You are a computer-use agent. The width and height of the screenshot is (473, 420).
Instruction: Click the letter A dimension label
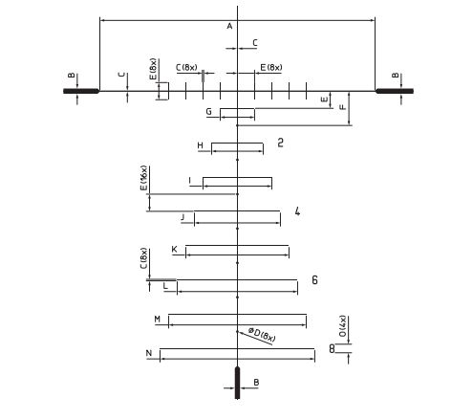[229, 26]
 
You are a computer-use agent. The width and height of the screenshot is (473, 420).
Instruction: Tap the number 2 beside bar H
[280, 143]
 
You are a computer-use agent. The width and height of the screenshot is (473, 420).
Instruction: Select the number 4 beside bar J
[297, 211]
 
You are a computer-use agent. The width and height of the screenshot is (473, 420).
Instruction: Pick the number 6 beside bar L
[314, 279]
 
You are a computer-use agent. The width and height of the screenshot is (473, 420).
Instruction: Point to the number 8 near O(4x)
[332, 348]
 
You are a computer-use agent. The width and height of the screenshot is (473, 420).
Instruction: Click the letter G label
[209, 112]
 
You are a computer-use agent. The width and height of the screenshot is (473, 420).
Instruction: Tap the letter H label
[200, 145]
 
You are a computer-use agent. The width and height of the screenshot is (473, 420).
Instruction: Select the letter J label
[183, 217]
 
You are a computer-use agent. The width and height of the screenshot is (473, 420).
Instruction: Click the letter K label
[174, 249]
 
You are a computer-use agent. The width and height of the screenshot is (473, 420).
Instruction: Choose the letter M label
[158, 319]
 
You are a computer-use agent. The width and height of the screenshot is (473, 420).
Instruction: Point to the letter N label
[149, 353]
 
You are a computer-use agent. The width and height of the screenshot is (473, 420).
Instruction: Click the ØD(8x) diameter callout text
[262, 335]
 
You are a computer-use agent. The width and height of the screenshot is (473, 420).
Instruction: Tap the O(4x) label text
[343, 326]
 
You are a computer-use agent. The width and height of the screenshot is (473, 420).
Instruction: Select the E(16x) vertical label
[144, 178]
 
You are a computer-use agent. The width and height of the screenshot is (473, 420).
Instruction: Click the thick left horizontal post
[81, 91]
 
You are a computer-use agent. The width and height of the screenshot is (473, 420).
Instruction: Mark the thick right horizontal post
[395, 91]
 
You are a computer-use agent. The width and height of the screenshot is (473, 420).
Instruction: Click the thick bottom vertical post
[237, 383]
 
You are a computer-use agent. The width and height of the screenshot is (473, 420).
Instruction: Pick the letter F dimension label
[343, 107]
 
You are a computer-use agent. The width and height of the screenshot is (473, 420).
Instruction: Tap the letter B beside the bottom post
[256, 382]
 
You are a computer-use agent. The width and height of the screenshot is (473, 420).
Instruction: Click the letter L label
[165, 286]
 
